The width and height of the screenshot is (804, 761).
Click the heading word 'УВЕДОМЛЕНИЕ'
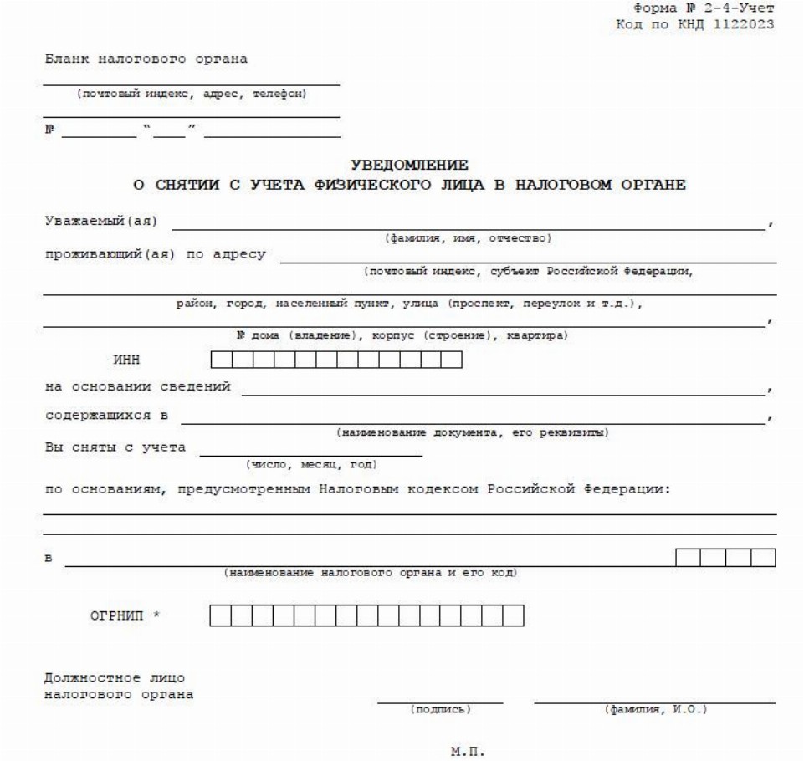409,166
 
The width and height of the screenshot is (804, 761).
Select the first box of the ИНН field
221,360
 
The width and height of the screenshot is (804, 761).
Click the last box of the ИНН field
452,360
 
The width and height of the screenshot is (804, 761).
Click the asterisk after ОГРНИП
156,617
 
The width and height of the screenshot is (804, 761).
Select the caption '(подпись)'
440,710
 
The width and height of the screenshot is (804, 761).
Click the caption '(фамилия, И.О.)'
655,710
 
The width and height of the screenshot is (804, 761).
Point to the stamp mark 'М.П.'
468,752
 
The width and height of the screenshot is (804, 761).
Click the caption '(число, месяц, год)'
310,463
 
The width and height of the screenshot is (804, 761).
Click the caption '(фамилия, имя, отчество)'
468,238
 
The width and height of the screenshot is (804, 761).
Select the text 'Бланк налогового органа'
146,59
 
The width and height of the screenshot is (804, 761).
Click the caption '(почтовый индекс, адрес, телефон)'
192,93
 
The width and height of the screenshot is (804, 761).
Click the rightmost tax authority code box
763,558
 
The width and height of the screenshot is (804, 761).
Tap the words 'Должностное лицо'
114,678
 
